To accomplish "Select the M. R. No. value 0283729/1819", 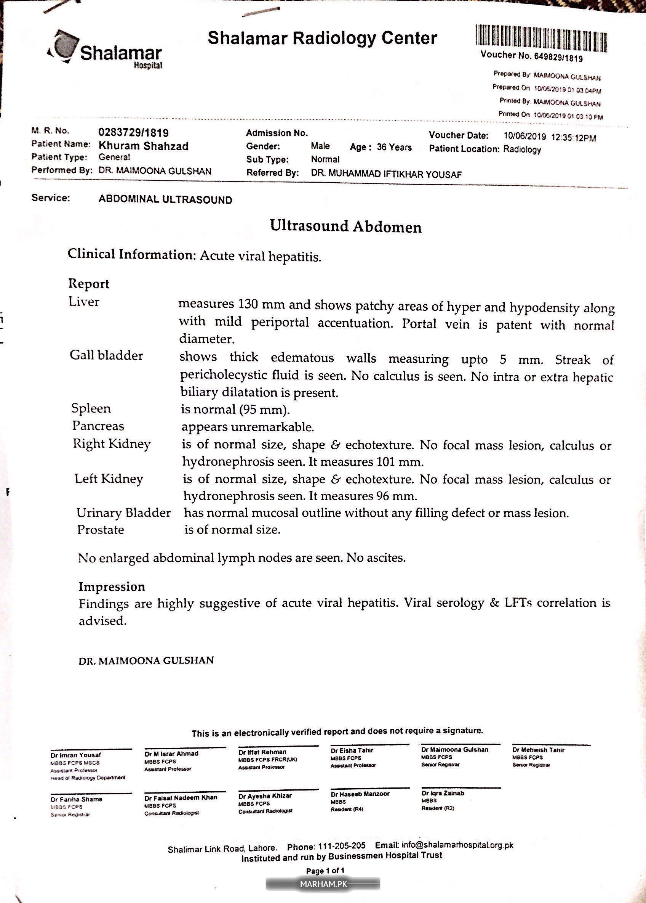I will tap(133, 133).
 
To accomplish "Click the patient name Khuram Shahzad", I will tap(144, 146).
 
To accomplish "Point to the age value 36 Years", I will tap(394, 147).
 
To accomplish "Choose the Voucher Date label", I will tap(458, 135).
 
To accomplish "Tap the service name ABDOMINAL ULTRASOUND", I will tap(165, 199).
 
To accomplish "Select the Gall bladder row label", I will tap(106, 355).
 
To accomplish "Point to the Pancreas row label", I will tap(98, 426).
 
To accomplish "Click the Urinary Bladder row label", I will tap(123, 513).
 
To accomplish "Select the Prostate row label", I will tap(100, 530).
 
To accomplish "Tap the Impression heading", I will tap(112, 587).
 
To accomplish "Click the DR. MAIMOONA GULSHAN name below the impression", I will tap(146, 660).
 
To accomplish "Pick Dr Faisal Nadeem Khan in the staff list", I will tap(181, 798).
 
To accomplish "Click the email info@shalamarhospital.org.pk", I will tap(457, 845).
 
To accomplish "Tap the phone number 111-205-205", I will tap(342, 846).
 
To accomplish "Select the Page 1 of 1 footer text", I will tap(325, 870).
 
